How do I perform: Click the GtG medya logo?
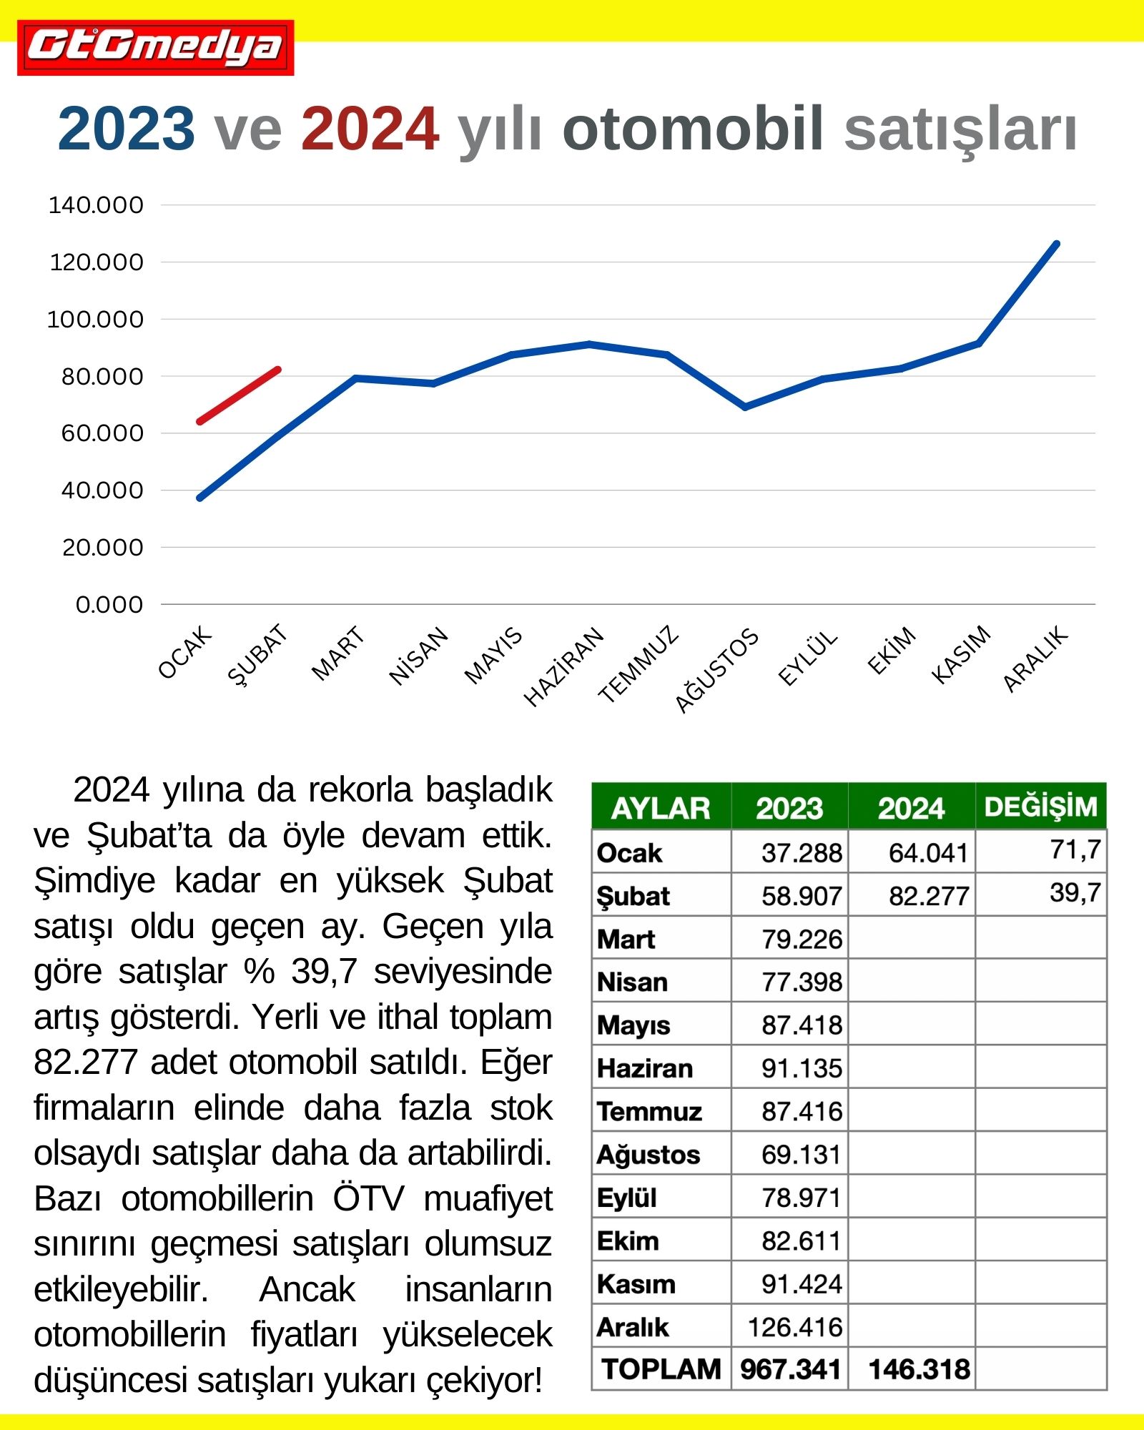pos(156,48)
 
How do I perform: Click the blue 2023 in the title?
pos(126,129)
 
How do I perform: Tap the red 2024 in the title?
pos(370,129)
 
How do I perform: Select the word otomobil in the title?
pos(693,129)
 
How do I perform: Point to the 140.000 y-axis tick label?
pos(96,205)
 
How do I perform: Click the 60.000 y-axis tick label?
pos(102,433)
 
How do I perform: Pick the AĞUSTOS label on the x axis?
pos(716,670)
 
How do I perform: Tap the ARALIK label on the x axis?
pos(1035,659)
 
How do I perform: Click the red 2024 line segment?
pos(239,395)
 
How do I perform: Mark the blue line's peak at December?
pos(1057,245)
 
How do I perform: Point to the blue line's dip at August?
pos(745,407)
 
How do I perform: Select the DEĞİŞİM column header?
pos(1040,807)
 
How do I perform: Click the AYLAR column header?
pos(661,808)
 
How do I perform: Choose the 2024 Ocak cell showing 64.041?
pos(927,853)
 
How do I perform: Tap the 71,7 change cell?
pos(1075,850)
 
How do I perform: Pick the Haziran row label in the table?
pos(645,1068)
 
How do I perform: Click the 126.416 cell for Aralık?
pos(795,1327)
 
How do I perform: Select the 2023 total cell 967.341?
pos(790,1369)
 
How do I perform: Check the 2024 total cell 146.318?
pos(919,1369)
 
